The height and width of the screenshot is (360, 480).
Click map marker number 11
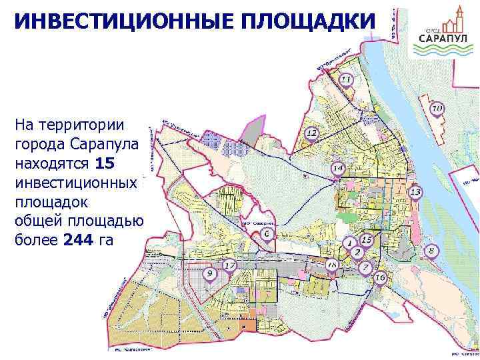tap(346, 81)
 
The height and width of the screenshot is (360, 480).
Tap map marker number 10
tap(437, 109)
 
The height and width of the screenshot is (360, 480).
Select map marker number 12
tap(311, 134)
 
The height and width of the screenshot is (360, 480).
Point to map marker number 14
tap(338, 169)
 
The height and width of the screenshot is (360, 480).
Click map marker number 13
tap(415, 193)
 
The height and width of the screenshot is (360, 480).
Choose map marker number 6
tap(267, 235)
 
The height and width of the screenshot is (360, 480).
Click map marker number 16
tap(381, 277)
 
